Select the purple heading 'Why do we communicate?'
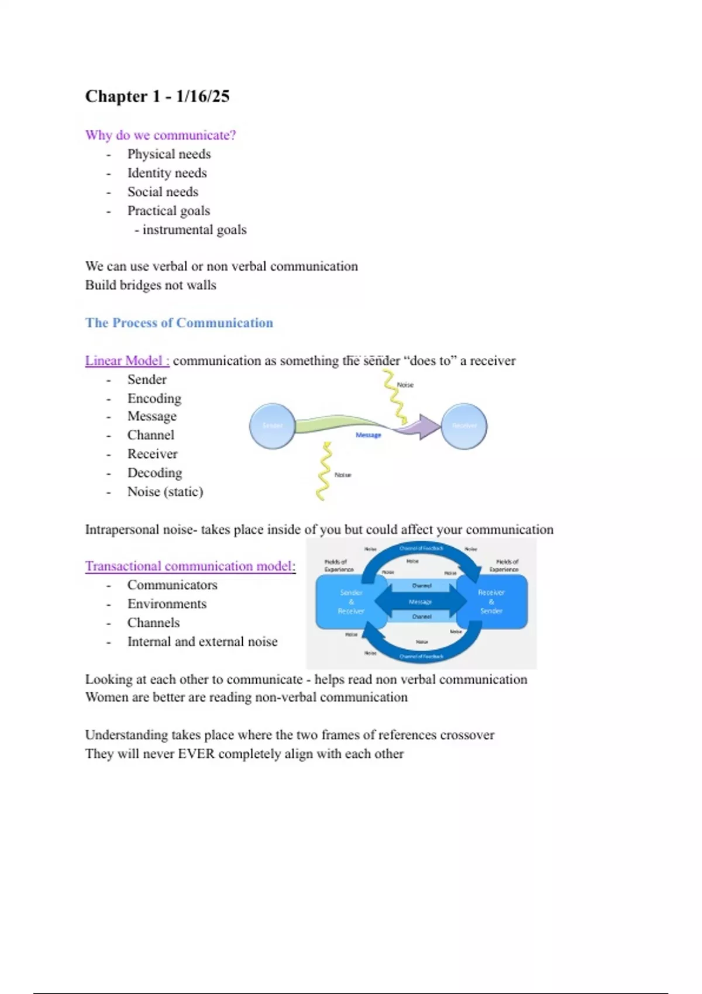tap(160, 135)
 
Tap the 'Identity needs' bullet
tap(167, 173)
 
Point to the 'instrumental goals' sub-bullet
tap(194, 230)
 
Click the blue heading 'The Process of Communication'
tap(179, 323)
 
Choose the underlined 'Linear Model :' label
tap(127, 361)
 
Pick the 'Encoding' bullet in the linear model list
tap(154, 398)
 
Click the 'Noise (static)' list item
tap(165, 492)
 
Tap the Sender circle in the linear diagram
tap(272, 426)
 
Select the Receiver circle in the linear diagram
tap(464, 426)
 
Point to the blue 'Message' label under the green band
tap(368, 435)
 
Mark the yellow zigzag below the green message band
tap(324, 471)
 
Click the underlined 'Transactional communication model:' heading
tap(190, 566)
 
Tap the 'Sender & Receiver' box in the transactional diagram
tap(351, 602)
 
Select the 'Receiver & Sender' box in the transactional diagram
tap(491, 602)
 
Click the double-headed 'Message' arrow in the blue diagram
tap(421, 601)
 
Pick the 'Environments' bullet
tap(167, 604)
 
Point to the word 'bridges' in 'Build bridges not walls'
tap(142, 285)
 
